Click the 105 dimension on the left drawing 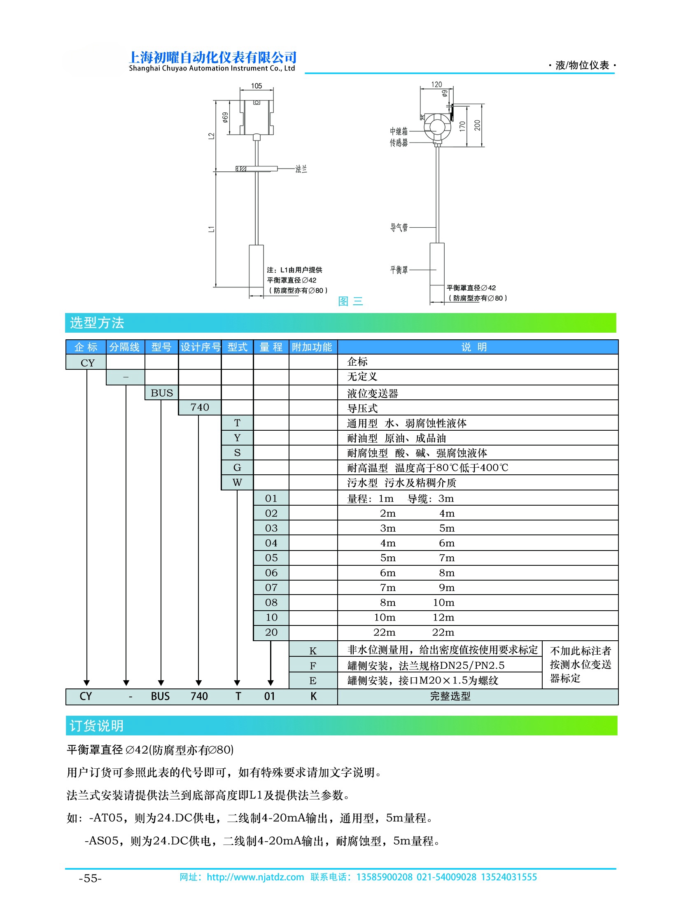pyautogui.click(x=257, y=86)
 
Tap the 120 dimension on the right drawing pyautogui.click(x=436, y=84)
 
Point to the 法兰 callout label pyautogui.click(x=301, y=169)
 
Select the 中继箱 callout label pyautogui.click(x=399, y=131)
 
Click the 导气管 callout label pyautogui.click(x=399, y=227)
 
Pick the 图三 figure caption pyautogui.click(x=350, y=301)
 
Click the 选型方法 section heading pyautogui.click(x=97, y=323)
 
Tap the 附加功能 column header pyautogui.click(x=312, y=347)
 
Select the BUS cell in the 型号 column pyautogui.click(x=161, y=393)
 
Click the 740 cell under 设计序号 pyautogui.click(x=200, y=407)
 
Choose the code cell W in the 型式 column pyautogui.click(x=237, y=483)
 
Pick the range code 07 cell pyautogui.click(x=271, y=588)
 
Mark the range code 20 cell pyautogui.click(x=271, y=632)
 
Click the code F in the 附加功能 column pyautogui.click(x=313, y=666)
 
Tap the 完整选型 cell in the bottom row pyautogui.click(x=450, y=696)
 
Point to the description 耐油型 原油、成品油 pyautogui.click(x=396, y=438)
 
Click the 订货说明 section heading pyautogui.click(x=96, y=726)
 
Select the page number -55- pyautogui.click(x=90, y=879)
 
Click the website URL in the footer pyautogui.click(x=255, y=877)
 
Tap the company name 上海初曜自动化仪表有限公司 pyautogui.click(x=213, y=57)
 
